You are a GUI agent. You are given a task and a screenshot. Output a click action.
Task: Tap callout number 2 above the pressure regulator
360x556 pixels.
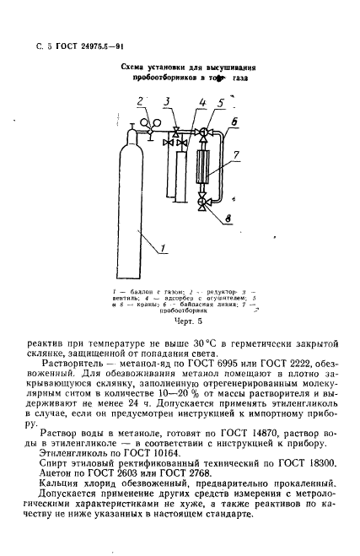(141, 101)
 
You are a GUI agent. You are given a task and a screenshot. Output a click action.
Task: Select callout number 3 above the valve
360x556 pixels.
(167, 101)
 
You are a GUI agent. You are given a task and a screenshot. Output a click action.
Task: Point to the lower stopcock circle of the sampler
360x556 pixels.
(203, 202)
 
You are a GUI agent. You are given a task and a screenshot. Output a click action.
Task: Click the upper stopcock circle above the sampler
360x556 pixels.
(203, 133)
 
